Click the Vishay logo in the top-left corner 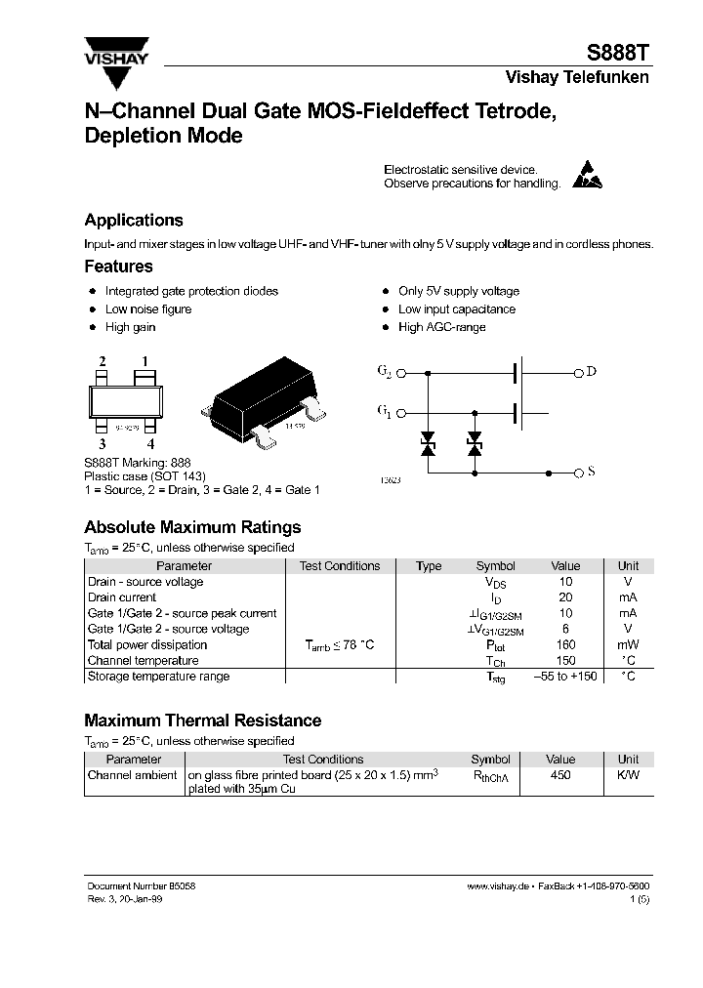point(115,52)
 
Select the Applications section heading point(133,221)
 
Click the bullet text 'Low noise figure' point(148,309)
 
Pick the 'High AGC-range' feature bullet point(441,327)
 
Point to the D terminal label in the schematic point(591,371)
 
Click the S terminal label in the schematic point(591,473)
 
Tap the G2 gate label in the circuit point(384,372)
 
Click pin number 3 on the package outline point(102,444)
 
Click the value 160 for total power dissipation point(565,645)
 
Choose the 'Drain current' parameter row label point(122,597)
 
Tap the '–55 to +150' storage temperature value point(565,677)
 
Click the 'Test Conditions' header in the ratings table point(340,566)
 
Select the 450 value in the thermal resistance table point(560,775)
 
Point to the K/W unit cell point(628,775)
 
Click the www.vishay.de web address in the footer point(498,885)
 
